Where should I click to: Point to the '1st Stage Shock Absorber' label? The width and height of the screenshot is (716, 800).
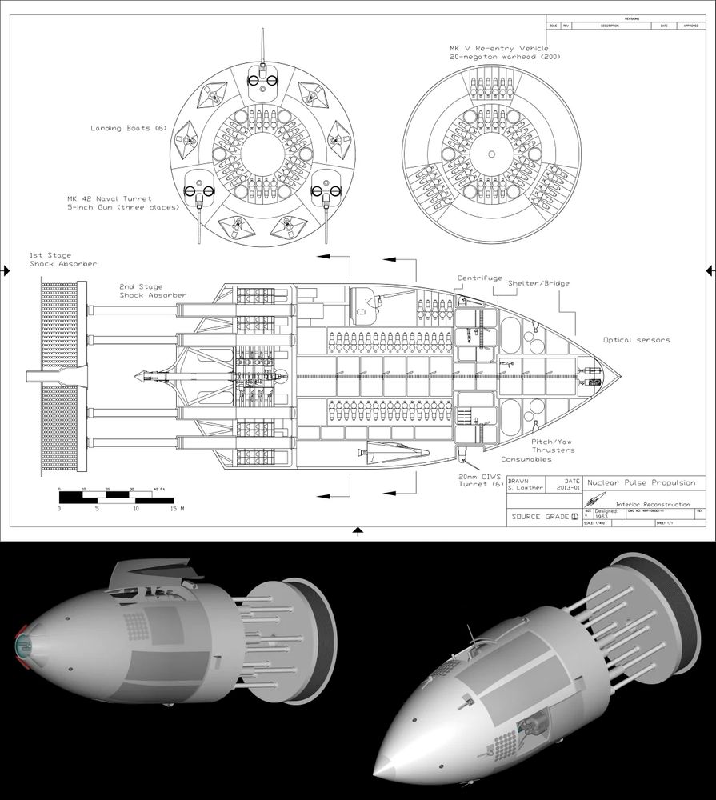coord(63,259)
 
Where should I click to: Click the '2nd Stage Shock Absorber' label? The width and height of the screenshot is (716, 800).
coord(153,290)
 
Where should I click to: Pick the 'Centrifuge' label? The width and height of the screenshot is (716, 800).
coord(480,278)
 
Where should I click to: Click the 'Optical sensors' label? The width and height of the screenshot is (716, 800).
coord(636,340)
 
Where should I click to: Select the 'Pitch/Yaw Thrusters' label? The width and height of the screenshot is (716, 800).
coord(553,446)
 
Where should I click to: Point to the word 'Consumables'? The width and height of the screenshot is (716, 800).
coord(526,460)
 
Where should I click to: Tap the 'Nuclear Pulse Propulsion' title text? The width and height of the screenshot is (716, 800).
coord(642,483)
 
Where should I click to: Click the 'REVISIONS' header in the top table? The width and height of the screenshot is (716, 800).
coord(626,18)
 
